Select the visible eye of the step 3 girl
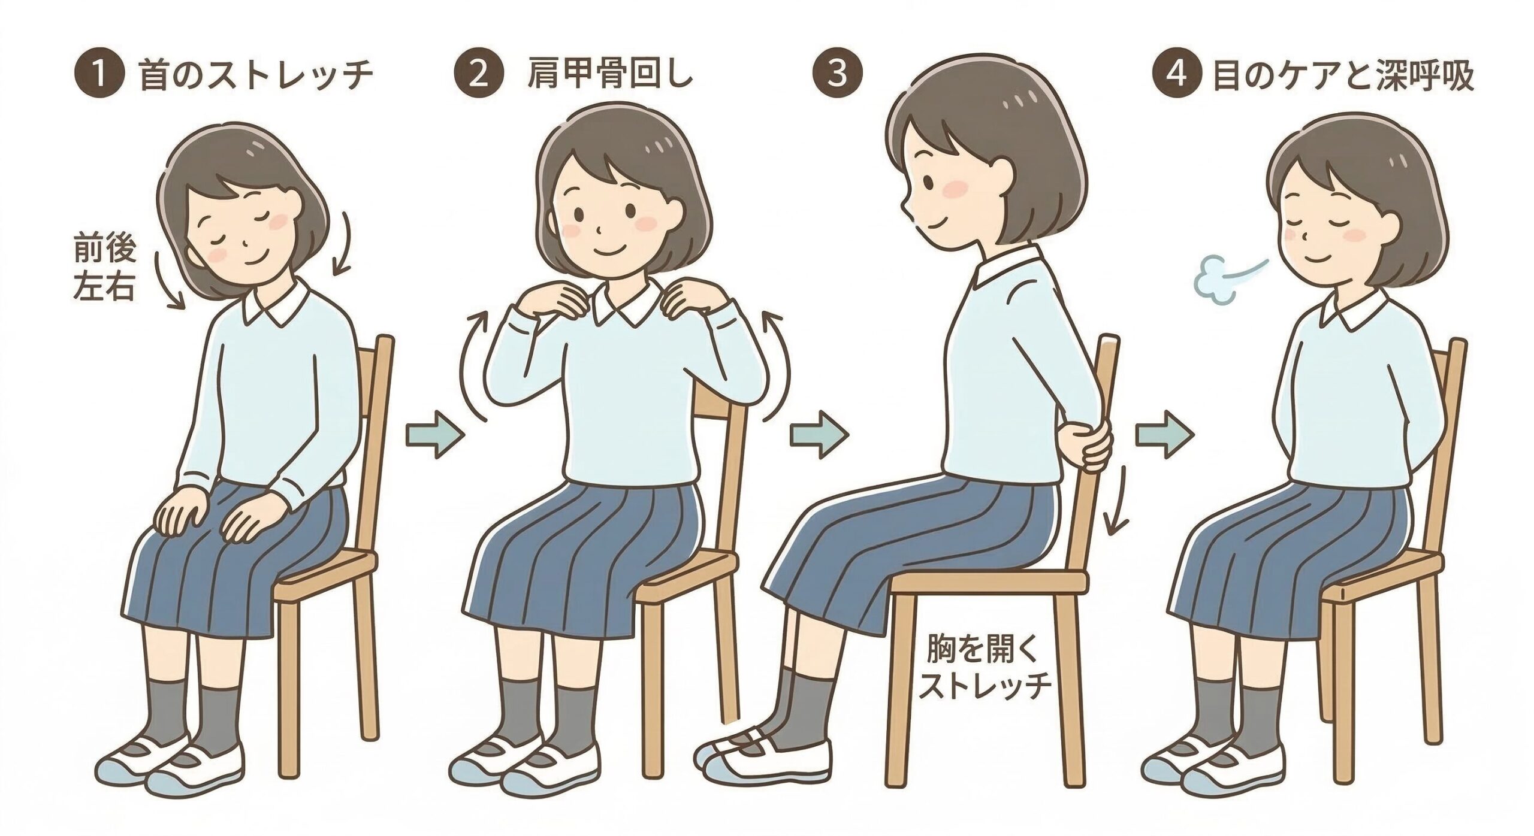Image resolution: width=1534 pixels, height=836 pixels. (x=926, y=180)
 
